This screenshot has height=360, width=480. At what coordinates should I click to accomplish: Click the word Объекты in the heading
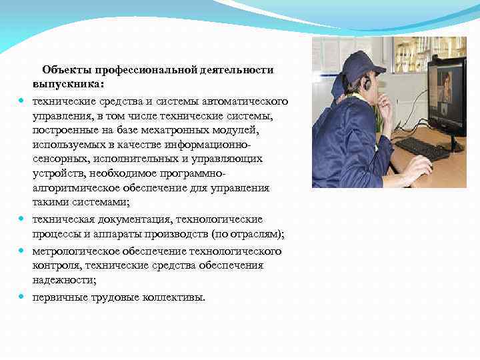66,69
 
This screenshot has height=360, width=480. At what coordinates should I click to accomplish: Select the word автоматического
249,101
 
